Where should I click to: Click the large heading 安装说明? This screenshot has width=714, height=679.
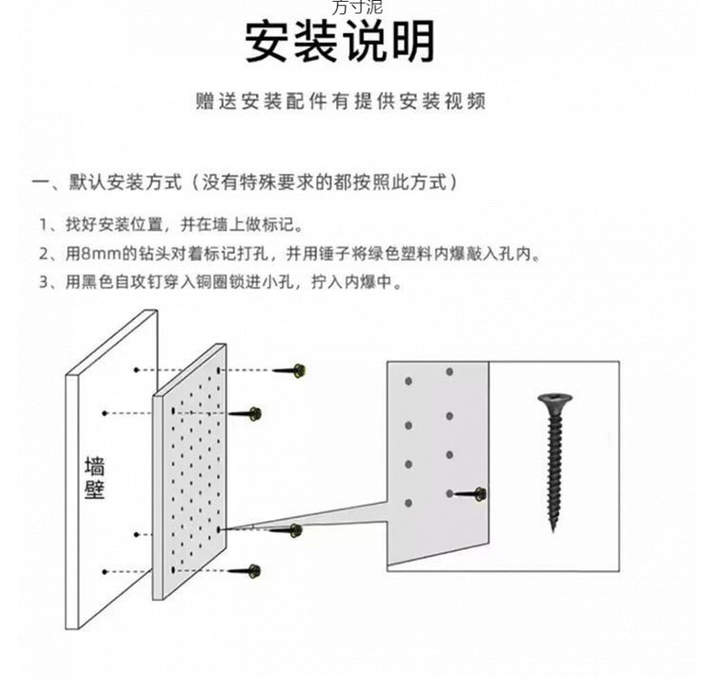[341, 42]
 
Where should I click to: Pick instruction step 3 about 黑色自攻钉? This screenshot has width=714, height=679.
[219, 283]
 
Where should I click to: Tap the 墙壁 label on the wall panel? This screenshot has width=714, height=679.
[95, 477]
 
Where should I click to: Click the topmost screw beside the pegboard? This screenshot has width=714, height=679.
[290, 369]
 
